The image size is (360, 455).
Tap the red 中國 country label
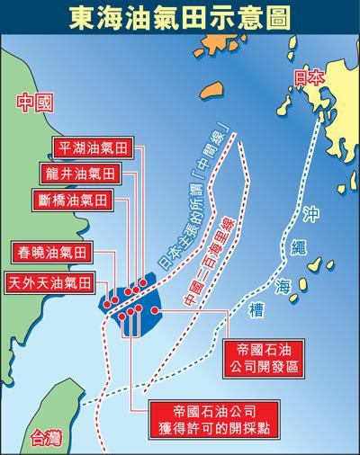pyautogui.click(x=35, y=103)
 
